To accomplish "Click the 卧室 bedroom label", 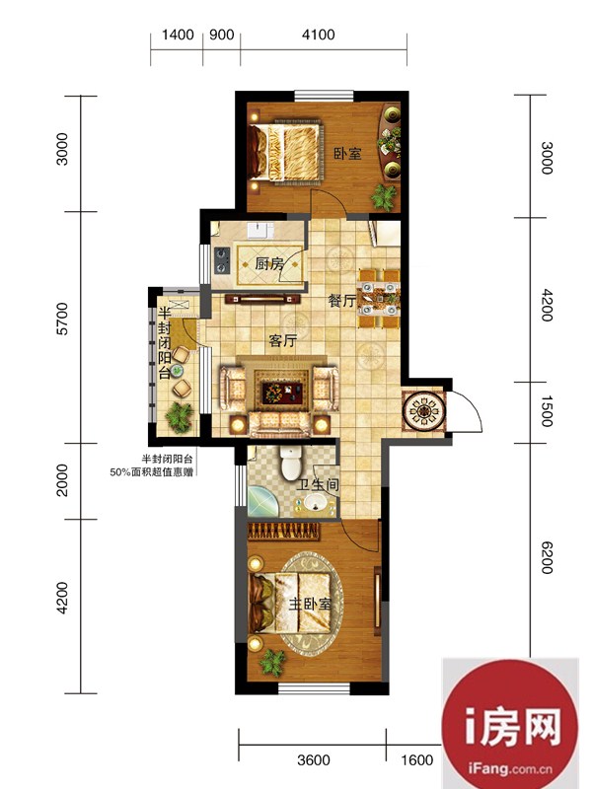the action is (x=348, y=153).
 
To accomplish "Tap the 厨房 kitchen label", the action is (x=269, y=263).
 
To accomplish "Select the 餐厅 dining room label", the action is (x=341, y=301).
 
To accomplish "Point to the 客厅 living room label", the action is (x=282, y=340).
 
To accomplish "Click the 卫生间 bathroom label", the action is (x=318, y=485).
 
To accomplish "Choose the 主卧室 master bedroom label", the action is (x=310, y=604).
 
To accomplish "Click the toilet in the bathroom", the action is (x=291, y=463).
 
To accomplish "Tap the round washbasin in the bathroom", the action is (x=316, y=502).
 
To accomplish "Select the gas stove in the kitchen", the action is (x=222, y=260).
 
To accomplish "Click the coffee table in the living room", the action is (x=282, y=391).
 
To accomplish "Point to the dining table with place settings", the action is (x=380, y=300).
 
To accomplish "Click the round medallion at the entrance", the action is (x=425, y=411).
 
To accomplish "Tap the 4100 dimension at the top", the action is (x=318, y=35).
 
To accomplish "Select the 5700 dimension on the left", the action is (x=62, y=319).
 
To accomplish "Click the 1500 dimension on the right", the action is (x=548, y=411).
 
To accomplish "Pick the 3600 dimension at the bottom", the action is (x=314, y=759).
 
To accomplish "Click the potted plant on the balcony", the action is (x=179, y=416).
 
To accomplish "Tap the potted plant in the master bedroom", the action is (x=272, y=662).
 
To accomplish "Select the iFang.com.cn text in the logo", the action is (x=510, y=768).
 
